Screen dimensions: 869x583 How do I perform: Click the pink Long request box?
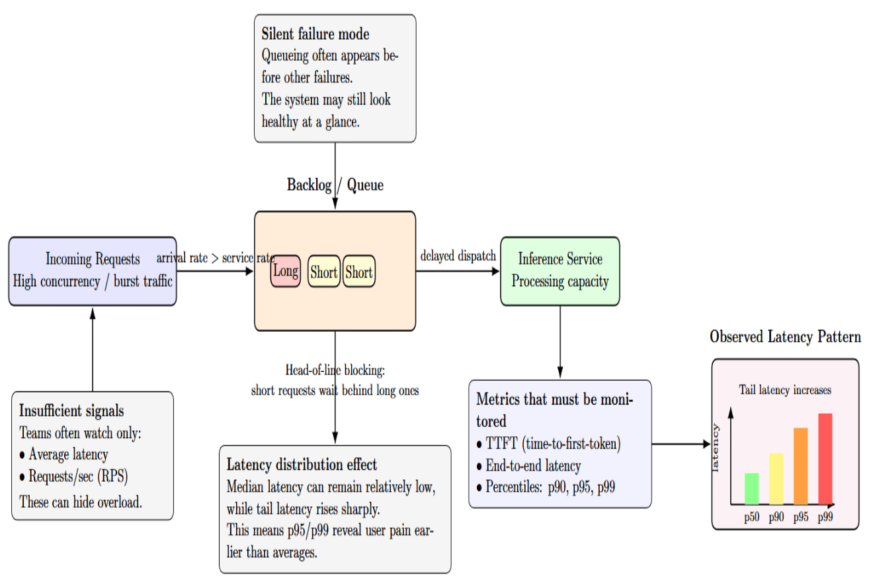pyautogui.click(x=286, y=271)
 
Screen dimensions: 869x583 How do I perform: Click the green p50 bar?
pyautogui.click(x=751, y=488)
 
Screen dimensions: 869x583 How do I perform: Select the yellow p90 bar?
pyautogui.click(x=776, y=479)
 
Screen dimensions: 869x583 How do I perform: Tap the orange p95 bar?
pyautogui.click(x=801, y=466)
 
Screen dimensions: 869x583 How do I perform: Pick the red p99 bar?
pyautogui.click(x=825, y=459)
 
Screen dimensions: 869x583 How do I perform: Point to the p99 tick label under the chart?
pyautogui.click(x=825, y=517)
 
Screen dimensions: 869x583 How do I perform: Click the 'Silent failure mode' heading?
pyautogui.click(x=315, y=34)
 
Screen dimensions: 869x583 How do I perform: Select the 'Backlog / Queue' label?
pyautogui.click(x=335, y=185)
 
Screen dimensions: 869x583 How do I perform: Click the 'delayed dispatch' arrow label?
pyautogui.click(x=458, y=256)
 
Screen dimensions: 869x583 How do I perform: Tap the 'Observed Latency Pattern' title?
pyautogui.click(x=785, y=336)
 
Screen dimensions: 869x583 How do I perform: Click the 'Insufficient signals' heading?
pyautogui.click(x=71, y=411)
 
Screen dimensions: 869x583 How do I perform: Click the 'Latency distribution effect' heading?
pyautogui.click(x=302, y=465)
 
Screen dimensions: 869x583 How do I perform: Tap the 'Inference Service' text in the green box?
pyautogui.click(x=560, y=258)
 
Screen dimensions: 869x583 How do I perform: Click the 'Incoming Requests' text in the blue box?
pyautogui.click(x=93, y=259)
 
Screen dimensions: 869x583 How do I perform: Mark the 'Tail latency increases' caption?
pyautogui.click(x=785, y=389)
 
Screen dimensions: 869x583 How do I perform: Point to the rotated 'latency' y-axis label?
pyautogui.click(x=715, y=447)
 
